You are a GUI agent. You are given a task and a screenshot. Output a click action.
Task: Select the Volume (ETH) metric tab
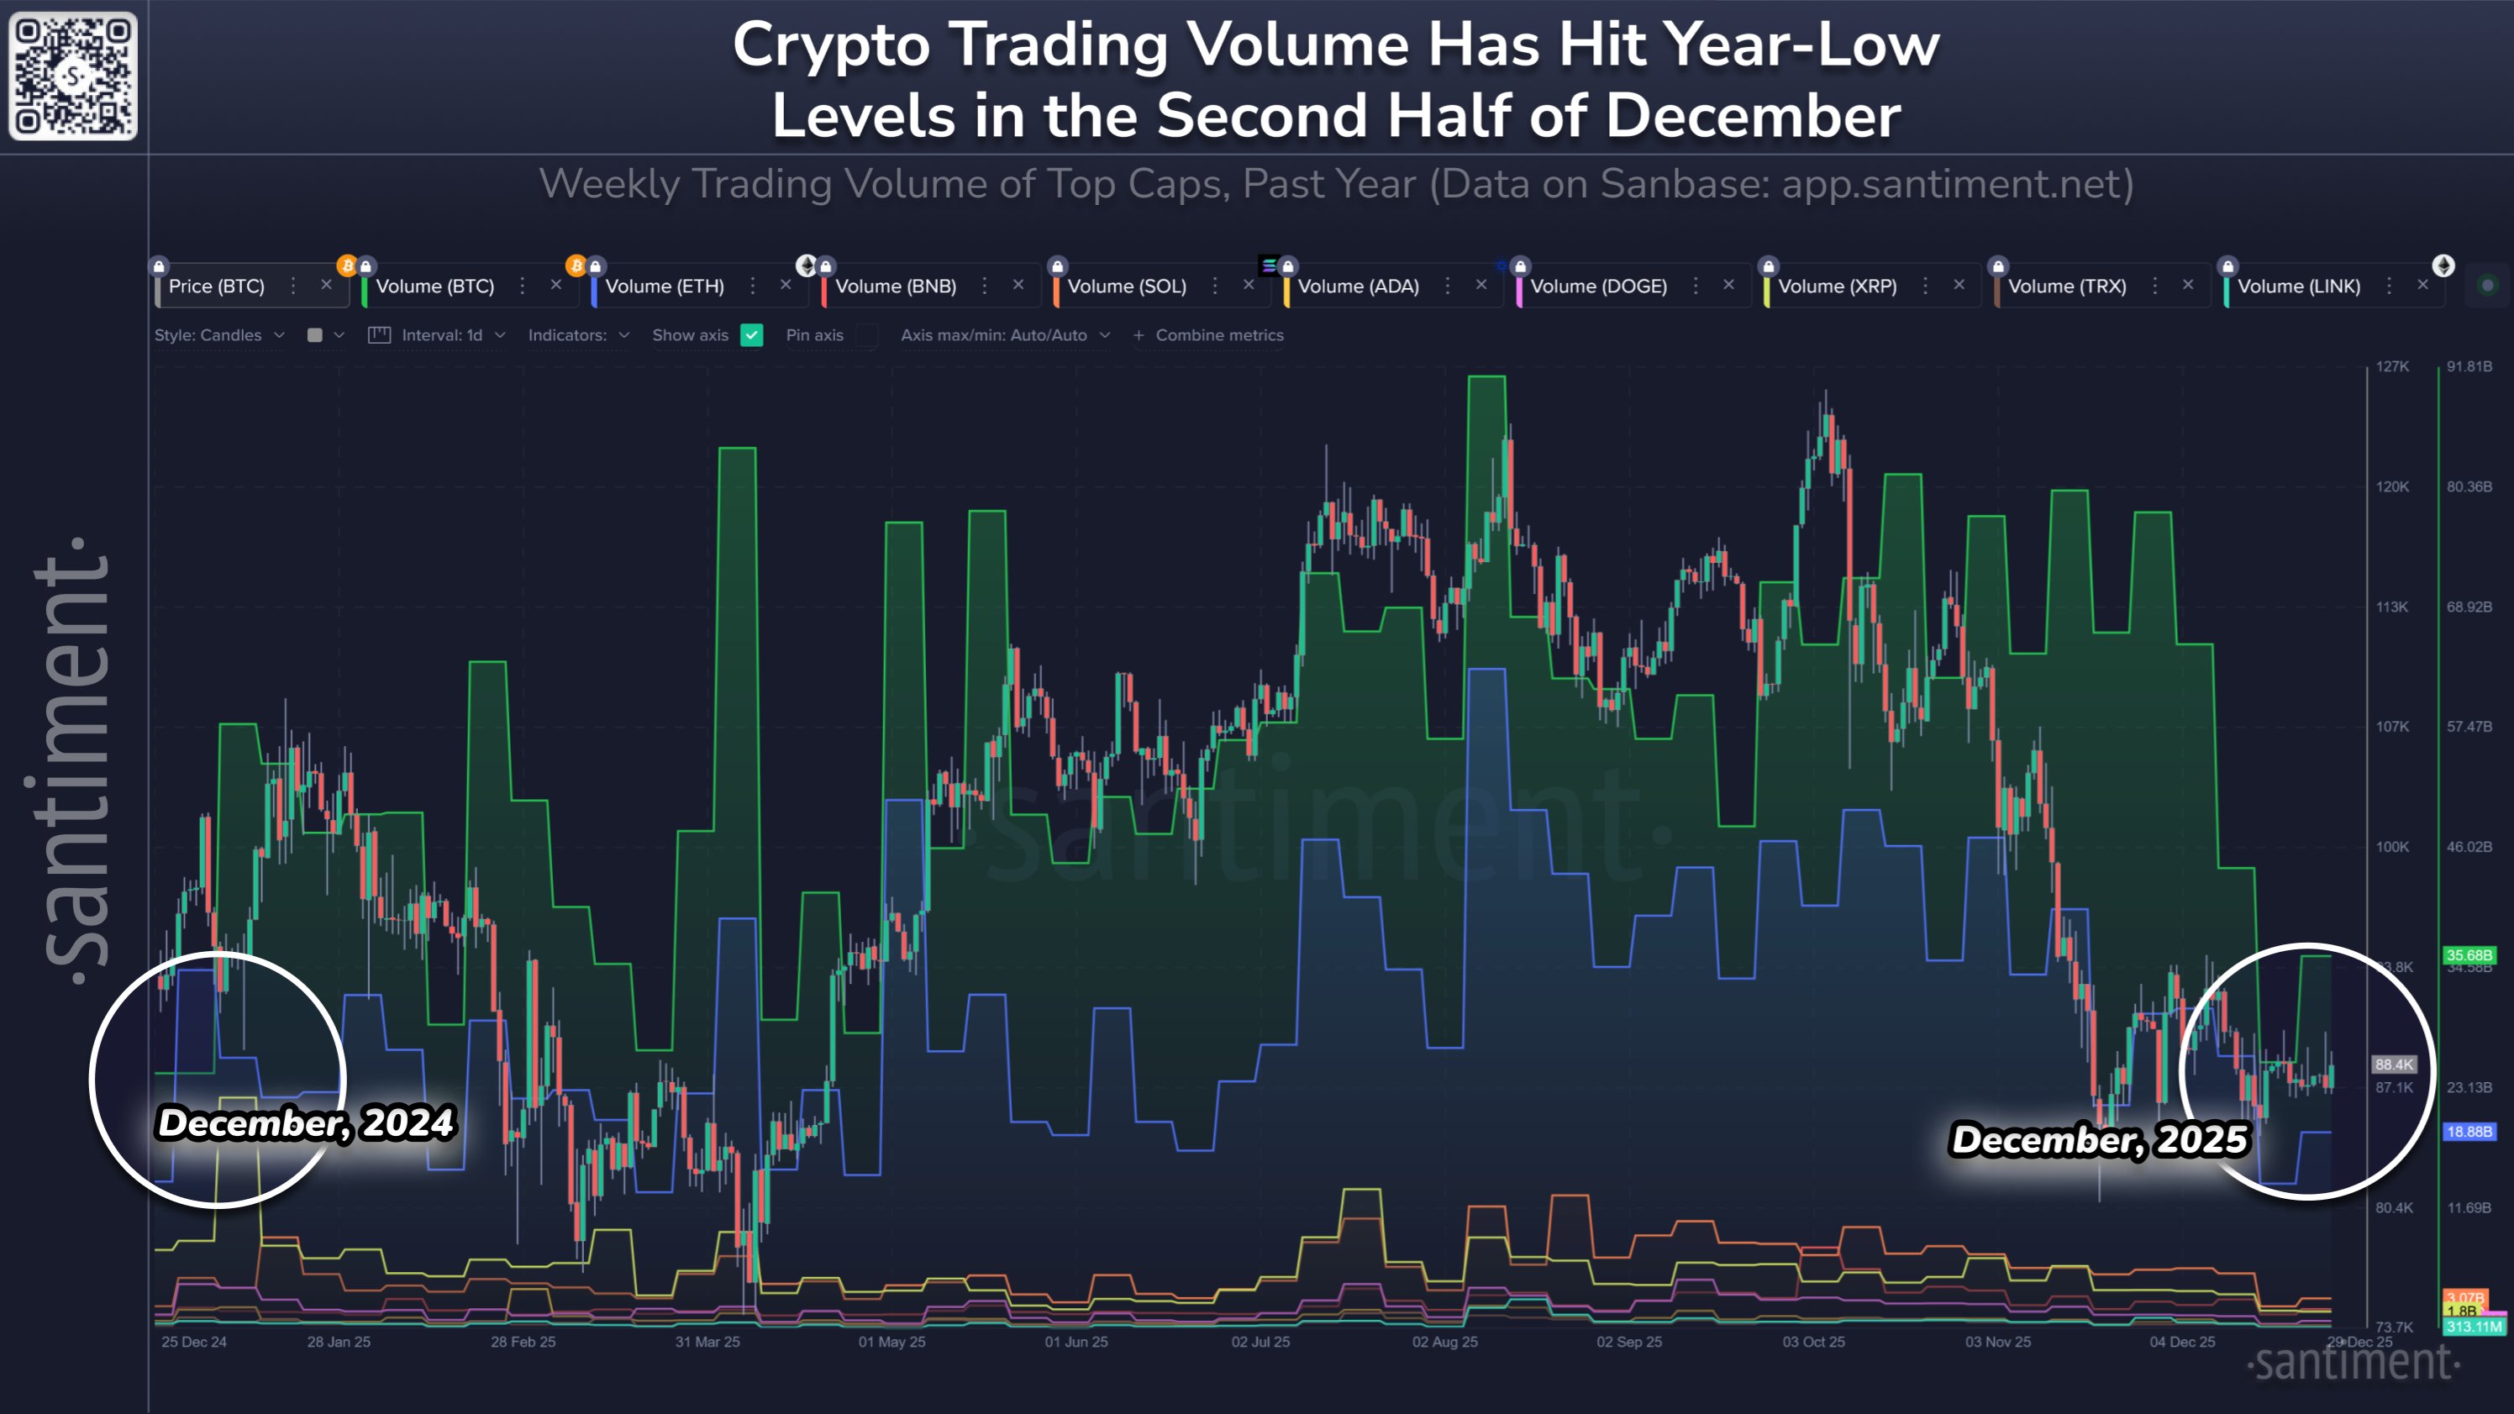click(x=665, y=286)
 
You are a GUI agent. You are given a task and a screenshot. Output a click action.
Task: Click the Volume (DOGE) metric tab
click(x=1597, y=286)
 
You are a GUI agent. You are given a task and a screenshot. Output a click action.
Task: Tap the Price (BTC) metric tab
click(x=217, y=286)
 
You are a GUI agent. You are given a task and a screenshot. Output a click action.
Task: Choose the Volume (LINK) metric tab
click(x=2298, y=286)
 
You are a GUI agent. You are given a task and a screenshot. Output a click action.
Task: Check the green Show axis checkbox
click(x=751, y=334)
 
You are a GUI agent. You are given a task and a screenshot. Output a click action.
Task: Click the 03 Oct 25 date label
click(x=1813, y=1342)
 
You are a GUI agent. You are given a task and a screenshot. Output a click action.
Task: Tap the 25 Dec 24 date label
click(x=194, y=1342)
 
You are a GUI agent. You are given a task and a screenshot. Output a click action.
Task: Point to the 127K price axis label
click(x=2392, y=367)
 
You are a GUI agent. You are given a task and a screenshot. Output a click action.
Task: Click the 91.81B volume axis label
click(x=2468, y=367)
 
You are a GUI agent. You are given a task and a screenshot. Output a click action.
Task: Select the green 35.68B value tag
click(x=2468, y=954)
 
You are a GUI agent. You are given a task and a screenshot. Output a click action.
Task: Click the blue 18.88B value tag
click(x=2468, y=1131)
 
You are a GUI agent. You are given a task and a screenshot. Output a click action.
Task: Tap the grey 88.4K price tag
click(x=2394, y=1064)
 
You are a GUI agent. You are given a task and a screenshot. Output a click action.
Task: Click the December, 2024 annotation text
click(x=306, y=1122)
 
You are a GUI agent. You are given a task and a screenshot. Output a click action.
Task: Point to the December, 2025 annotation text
click(x=2098, y=1138)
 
